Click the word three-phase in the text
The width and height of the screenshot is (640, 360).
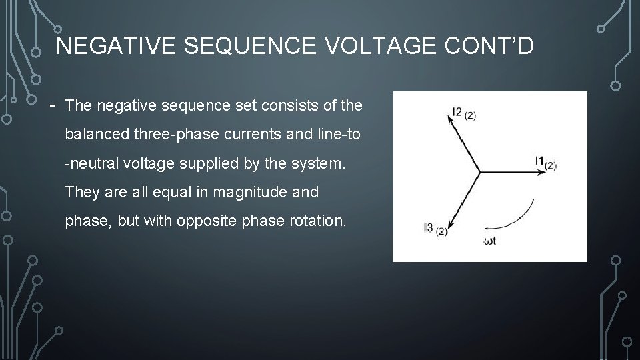coord(173,135)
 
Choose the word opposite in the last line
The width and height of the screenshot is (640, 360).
coord(201,221)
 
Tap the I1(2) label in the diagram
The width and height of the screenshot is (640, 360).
coord(545,161)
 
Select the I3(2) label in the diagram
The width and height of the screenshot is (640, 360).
coord(435,229)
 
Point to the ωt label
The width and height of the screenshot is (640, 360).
coord(489,241)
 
